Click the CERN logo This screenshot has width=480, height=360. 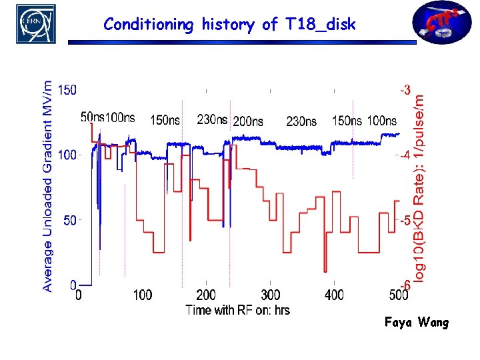[x=35, y=24]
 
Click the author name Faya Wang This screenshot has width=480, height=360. [x=417, y=323]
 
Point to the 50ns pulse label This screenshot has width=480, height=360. [x=93, y=117]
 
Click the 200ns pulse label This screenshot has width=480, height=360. [x=247, y=121]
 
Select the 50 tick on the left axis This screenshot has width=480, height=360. [x=70, y=220]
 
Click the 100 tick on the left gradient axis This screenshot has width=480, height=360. [x=67, y=155]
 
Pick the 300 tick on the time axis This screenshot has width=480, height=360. [x=270, y=295]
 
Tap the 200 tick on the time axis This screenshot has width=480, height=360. [x=207, y=295]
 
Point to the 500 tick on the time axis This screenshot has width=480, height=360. [x=397, y=295]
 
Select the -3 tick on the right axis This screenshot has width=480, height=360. [x=405, y=89]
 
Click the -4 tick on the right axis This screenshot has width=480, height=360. [x=405, y=155]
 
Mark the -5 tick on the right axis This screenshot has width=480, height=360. [x=405, y=220]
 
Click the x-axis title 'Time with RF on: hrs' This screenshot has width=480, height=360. [x=237, y=310]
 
